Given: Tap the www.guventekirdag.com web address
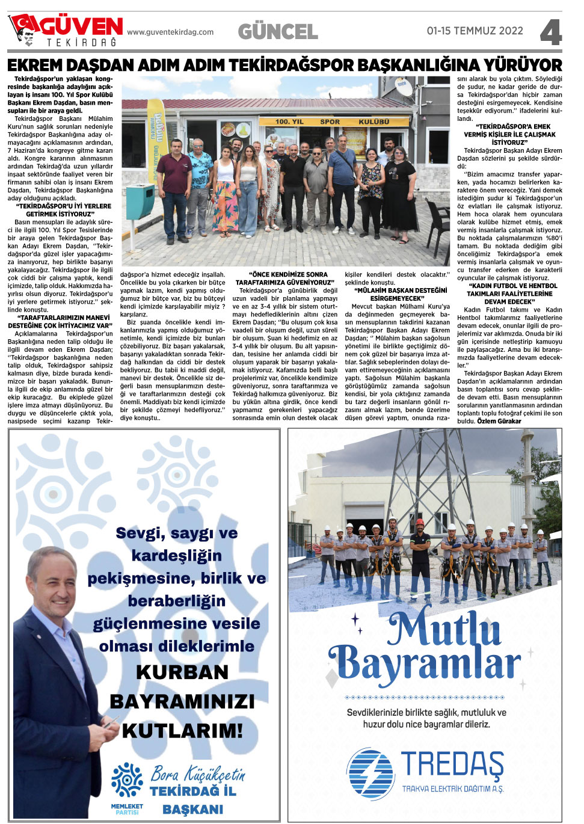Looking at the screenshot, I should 170,32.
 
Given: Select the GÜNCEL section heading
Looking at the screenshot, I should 278,31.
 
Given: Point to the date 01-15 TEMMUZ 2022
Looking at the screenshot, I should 475,31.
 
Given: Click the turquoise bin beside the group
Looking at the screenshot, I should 140,201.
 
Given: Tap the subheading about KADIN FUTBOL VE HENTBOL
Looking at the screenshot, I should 509,294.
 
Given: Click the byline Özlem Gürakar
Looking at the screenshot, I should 499,421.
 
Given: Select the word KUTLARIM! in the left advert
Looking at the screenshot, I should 182,731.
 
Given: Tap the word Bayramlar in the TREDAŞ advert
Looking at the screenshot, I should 425,663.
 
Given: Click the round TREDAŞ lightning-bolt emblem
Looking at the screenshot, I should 370,773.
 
